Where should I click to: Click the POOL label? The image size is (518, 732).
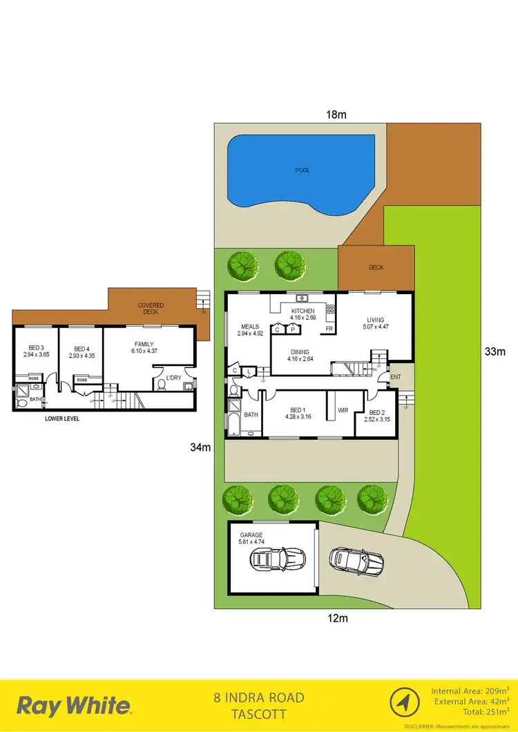pyautogui.click(x=303, y=169)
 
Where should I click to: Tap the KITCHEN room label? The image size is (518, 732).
pyautogui.click(x=303, y=311)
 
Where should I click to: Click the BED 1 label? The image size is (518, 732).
pyautogui.click(x=299, y=409)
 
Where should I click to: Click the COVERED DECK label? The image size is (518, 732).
pyautogui.click(x=150, y=308)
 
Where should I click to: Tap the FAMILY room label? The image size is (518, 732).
pyautogui.click(x=144, y=344)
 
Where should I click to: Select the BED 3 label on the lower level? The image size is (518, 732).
pyautogui.click(x=35, y=348)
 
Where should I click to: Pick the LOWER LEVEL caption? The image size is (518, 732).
pyautogui.click(x=62, y=418)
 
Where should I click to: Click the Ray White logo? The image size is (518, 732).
pyautogui.click(x=74, y=705)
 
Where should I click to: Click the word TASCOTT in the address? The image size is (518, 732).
pyautogui.click(x=259, y=715)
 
